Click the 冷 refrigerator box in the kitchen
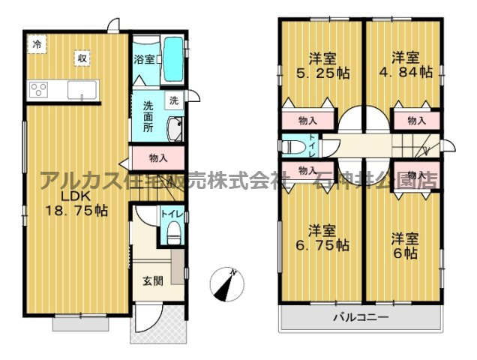(36, 44)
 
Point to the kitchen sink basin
(80, 91)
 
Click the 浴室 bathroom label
(145, 58)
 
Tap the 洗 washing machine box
(173, 100)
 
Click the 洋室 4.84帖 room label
(406, 64)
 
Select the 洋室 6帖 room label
(406, 246)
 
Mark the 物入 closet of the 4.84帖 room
(417, 120)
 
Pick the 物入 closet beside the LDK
(157, 158)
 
